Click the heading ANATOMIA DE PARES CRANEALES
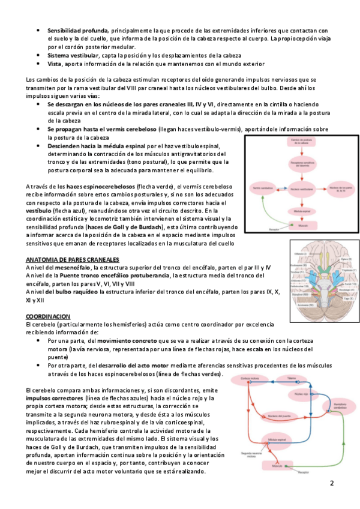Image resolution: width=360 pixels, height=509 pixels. (71, 259)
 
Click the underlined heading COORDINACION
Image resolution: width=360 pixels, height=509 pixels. (48, 316)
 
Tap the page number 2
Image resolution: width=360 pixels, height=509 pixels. (331, 483)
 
